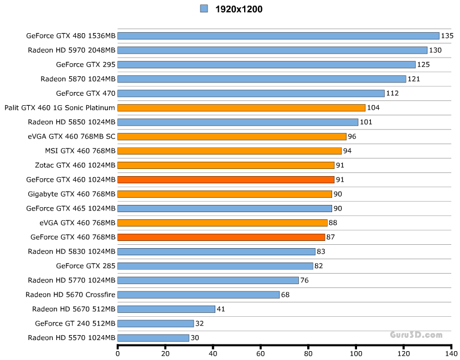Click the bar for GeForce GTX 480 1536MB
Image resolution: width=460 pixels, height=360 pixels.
pos(278,36)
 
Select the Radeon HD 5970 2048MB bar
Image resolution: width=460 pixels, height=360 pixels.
pos(272,50)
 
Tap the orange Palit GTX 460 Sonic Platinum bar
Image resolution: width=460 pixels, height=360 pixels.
pos(241,108)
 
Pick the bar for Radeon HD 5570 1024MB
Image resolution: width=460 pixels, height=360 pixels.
pos(153,338)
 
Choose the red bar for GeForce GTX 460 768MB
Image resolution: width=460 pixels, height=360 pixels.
pos(221,237)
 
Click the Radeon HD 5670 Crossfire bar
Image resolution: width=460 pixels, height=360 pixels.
pos(199,295)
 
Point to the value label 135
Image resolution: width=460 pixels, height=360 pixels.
pos(447,36)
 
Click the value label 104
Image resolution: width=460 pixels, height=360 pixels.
pos(373,108)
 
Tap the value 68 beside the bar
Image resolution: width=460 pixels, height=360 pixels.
pos(286,295)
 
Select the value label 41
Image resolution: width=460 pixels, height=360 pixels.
pos(221,309)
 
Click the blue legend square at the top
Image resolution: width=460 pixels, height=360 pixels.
pos(204,8)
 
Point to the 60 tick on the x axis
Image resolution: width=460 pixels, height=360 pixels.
pos(261,353)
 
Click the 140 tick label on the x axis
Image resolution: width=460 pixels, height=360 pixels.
pos(451,353)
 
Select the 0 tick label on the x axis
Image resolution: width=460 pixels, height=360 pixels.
pos(118,353)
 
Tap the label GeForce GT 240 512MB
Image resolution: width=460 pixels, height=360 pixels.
pos(75,323)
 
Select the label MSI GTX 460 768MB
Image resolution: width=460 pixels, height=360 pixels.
pos(80,151)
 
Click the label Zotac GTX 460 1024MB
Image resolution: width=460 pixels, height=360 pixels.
pos(75,165)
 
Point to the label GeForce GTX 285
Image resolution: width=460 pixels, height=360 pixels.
pos(86,266)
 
